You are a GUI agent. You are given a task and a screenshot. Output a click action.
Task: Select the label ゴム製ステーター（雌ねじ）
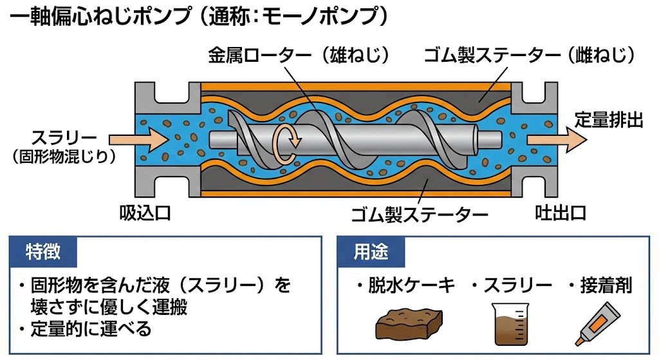click(530, 57)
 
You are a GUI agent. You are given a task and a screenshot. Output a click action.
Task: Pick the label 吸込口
click(145, 213)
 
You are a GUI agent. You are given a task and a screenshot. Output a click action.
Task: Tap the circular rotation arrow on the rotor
click(284, 142)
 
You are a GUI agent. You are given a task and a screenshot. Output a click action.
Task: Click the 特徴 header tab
click(44, 251)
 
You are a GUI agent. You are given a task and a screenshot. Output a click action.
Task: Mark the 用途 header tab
click(371, 251)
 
